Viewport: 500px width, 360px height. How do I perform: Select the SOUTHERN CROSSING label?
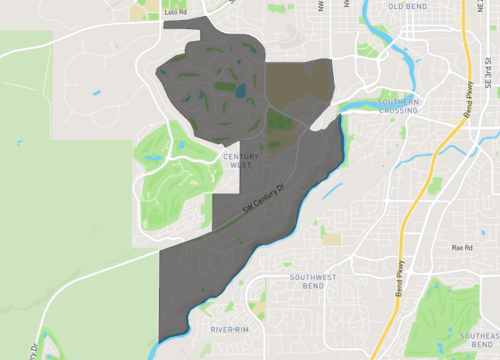[398, 106]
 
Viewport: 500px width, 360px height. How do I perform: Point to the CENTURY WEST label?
[237, 161]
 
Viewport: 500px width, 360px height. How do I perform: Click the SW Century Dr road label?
[264, 200]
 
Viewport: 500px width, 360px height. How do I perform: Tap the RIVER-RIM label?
[229, 329]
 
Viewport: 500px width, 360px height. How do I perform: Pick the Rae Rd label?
[461, 247]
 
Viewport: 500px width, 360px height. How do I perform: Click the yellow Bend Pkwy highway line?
[420, 200]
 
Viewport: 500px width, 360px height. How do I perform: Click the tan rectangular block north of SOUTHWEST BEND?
[331, 239]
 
